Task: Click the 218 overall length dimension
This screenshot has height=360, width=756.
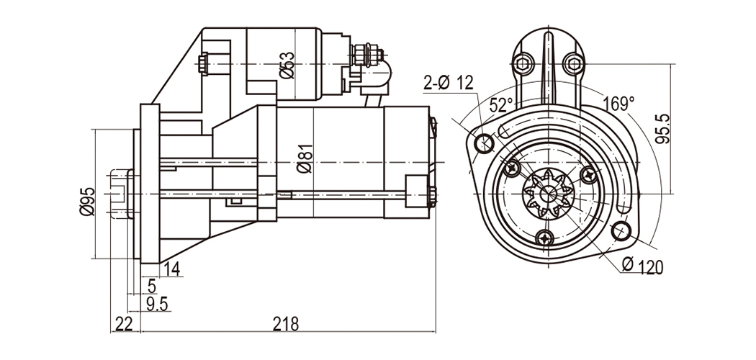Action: click(286, 324)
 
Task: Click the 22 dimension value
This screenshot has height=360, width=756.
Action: click(124, 324)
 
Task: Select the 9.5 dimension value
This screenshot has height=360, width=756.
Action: click(156, 304)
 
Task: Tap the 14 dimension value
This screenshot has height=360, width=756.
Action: click(171, 269)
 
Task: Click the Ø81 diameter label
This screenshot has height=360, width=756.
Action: click(304, 158)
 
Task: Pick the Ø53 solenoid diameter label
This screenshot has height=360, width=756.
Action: click(286, 64)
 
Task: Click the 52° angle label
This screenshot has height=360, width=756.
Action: click(501, 104)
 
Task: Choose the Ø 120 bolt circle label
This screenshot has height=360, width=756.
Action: click(642, 266)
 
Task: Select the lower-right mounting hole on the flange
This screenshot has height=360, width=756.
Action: click(621, 231)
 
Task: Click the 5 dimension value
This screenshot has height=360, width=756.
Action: click(151, 287)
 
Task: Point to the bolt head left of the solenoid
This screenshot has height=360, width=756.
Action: click(204, 63)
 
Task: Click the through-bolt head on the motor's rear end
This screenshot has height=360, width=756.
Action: click(432, 195)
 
